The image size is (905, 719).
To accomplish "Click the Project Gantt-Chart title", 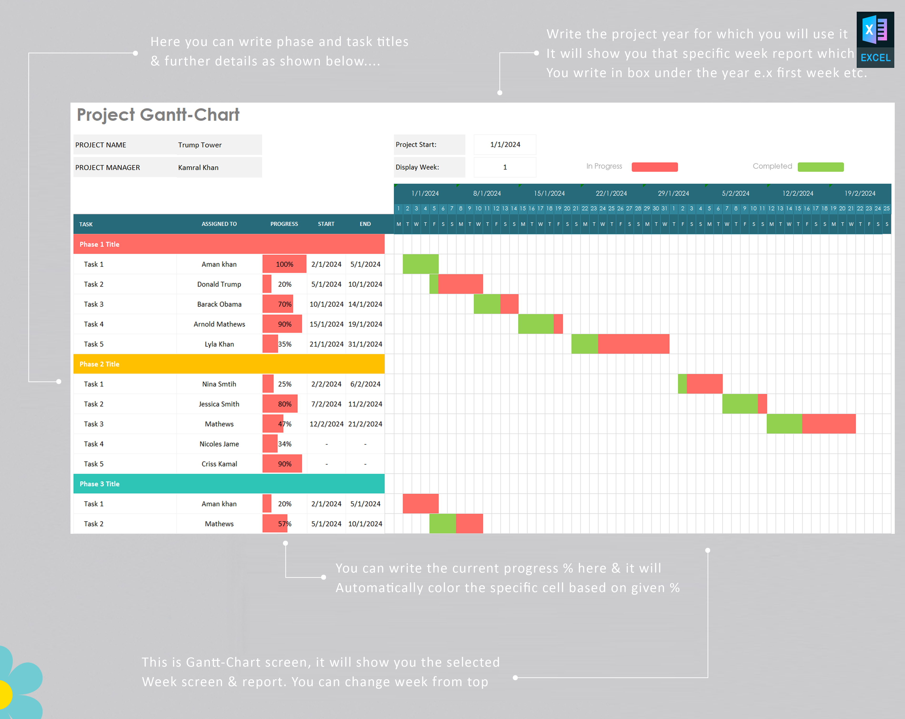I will (x=158, y=115).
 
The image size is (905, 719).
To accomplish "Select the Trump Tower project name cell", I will (x=200, y=145).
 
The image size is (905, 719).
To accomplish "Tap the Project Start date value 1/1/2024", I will (x=505, y=144).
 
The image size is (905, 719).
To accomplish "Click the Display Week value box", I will (x=505, y=167).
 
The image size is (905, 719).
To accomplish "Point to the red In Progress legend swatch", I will (x=654, y=167).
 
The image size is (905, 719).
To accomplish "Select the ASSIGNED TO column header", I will (x=219, y=224).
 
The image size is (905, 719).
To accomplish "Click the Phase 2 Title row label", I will (x=100, y=364).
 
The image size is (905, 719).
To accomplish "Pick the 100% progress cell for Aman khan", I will (x=285, y=264).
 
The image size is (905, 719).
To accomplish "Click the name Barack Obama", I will (x=219, y=304).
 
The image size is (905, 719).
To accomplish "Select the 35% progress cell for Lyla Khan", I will (x=285, y=344).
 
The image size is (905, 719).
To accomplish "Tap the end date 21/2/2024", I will (x=365, y=424).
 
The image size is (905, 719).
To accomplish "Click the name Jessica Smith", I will (x=219, y=404).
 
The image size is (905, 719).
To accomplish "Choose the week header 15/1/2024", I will (x=549, y=193).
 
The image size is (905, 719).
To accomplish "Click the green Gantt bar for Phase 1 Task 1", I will (x=421, y=264).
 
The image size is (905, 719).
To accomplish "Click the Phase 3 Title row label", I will (x=100, y=484).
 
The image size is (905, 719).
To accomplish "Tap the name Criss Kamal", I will (x=219, y=464).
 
